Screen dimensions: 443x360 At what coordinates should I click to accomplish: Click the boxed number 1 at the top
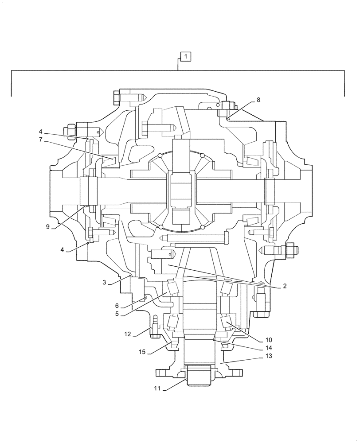click(x=186, y=56)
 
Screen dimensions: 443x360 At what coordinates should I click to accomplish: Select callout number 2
click(x=285, y=286)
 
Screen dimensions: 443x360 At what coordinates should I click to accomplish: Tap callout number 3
click(x=104, y=283)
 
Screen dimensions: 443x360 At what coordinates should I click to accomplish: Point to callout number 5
click(x=117, y=314)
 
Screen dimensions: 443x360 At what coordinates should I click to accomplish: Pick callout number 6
click(x=117, y=306)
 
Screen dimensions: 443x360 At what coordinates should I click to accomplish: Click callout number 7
click(x=40, y=140)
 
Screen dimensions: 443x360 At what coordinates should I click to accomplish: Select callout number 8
click(x=258, y=100)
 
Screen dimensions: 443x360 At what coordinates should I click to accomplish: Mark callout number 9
click(x=47, y=227)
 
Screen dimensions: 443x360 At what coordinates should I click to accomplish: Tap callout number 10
click(x=268, y=340)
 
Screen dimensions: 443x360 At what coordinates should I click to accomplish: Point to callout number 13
click(x=268, y=356)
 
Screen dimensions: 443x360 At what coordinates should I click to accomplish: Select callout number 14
click(x=268, y=348)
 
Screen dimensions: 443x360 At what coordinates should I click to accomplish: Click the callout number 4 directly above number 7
click(x=40, y=132)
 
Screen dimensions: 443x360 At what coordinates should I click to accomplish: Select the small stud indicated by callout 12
click(x=155, y=323)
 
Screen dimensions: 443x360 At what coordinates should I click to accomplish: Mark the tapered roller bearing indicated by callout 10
click(x=231, y=326)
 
